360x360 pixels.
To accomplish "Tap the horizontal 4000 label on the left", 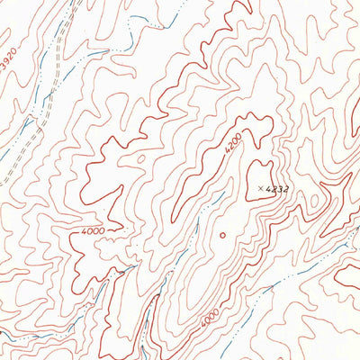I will tap(93, 231).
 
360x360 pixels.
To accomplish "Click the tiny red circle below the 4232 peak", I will tap(221, 236).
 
